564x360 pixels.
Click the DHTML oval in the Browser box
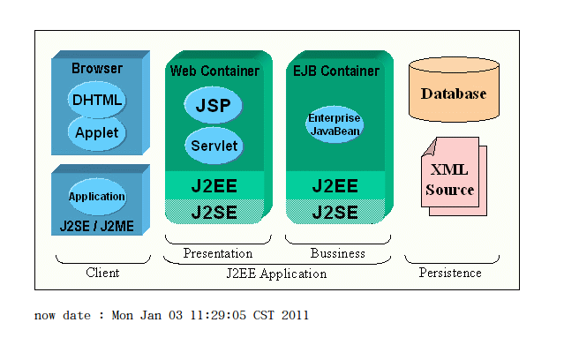tap(97, 100)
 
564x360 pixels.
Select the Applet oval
tap(97, 133)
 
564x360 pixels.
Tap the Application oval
tap(97, 197)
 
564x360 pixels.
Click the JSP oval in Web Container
tap(213, 106)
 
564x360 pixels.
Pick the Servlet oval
tap(214, 146)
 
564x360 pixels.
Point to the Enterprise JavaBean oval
tap(335, 124)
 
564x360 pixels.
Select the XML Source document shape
tap(450, 179)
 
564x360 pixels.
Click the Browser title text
tap(97, 69)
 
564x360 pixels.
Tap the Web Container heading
tap(214, 71)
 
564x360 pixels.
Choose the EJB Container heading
tap(335, 71)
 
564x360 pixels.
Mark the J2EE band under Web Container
tap(214, 186)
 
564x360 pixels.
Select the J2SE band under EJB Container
tap(335, 212)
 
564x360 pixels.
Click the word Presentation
tap(218, 253)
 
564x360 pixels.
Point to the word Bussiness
tap(337, 253)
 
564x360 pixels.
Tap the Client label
tap(102, 273)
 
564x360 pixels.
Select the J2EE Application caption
tap(277, 274)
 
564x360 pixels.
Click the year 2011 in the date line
tap(296, 315)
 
